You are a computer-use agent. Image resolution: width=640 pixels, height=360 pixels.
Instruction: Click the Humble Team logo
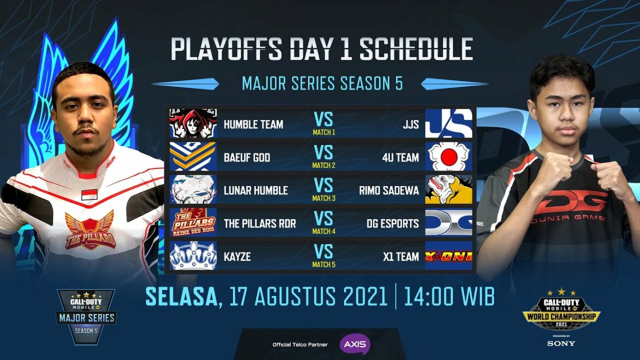click(x=193, y=123)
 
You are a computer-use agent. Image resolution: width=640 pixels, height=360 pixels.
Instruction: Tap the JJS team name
click(x=411, y=124)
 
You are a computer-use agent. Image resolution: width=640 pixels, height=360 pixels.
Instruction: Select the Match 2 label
click(x=324, y=165)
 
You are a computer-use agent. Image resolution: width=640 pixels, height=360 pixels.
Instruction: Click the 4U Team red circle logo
click(x=449, y=156)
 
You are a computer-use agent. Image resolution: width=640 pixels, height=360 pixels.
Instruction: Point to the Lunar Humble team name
click(x=255, y=190)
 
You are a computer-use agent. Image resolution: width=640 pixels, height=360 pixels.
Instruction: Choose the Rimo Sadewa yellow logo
click(x=449, y=190)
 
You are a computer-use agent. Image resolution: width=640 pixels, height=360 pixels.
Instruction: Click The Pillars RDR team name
click(x=260, y=223)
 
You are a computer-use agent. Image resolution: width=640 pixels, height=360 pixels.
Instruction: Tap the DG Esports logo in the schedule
click(x=449, y=223)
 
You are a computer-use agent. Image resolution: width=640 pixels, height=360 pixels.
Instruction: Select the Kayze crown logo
click(x=193, y=256)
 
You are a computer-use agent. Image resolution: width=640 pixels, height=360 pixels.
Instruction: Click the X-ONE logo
click(x=449, y=256)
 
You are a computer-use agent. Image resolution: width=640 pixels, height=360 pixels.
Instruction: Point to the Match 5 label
click(x=324, y=264)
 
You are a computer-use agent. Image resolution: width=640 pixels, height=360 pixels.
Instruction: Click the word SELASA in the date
click(x=182, y=297)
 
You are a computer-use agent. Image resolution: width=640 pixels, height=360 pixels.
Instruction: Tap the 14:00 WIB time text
click(x=449, y=297)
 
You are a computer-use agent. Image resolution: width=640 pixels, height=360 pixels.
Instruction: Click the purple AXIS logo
click(x=354, y=344)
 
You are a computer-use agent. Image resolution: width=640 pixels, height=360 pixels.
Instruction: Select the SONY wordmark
click(x=561, y=344)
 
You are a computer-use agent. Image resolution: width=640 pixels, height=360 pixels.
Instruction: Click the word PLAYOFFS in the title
click(x=226, y=49)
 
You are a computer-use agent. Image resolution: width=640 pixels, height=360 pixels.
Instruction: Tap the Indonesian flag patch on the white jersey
click(x=89, y=194)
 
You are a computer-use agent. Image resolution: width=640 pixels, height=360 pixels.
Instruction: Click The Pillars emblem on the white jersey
click(x=90, y=230)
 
